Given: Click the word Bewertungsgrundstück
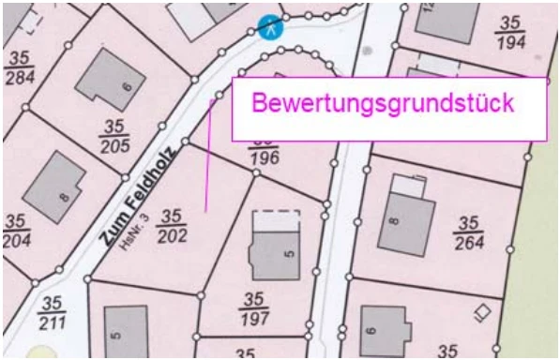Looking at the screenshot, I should [385, 103].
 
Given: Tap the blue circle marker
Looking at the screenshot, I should [270, 26].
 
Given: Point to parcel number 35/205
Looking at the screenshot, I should [115, 134].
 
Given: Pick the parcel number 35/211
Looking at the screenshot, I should [52, 314].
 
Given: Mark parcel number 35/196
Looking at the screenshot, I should [265, 151].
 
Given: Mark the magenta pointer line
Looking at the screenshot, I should [207, 155].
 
